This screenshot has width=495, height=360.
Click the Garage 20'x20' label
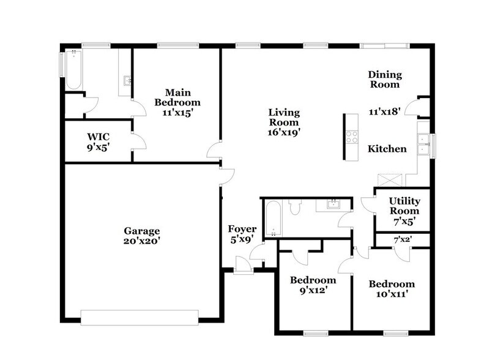coord(142,236)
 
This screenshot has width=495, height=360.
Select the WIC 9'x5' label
coord(98,141)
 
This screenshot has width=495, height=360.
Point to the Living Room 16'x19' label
coord(284,122)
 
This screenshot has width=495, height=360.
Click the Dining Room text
coord(385,80)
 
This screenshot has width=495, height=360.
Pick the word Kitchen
coord(387,149)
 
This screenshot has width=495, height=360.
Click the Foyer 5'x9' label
coord(242,234)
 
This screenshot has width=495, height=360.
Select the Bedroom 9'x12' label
coord(313,285)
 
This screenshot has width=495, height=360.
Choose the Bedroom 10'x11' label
coord(391,289)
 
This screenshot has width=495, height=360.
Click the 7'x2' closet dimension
coord(402,239)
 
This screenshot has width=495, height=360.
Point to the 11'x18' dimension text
coord(384,111)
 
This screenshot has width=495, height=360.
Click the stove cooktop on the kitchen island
coord(352,137)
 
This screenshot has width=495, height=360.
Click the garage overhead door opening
coord(140,317)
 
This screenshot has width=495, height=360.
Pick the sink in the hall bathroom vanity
coord(333,204)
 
